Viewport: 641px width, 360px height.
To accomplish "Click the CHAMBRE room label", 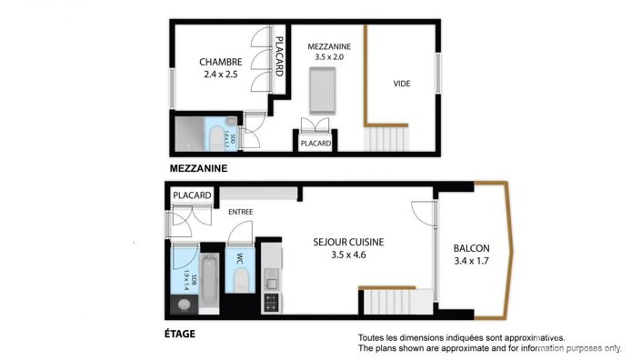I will pos(221,62).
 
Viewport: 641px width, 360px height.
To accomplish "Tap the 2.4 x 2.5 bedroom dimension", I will pos(221,75).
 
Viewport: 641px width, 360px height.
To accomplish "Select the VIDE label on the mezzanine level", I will pos(401,84).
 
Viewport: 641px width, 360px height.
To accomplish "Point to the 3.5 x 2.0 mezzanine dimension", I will pos(330,56).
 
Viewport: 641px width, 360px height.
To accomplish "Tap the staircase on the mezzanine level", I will pos(387,139).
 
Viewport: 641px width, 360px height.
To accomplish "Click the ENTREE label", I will pos(241,212).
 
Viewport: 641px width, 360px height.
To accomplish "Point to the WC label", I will pos(240,259).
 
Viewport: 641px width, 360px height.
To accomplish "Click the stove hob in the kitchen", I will pos(270,299).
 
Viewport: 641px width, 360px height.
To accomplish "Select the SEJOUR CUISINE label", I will pos(349,242).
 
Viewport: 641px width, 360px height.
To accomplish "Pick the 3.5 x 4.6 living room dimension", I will pos(349,255).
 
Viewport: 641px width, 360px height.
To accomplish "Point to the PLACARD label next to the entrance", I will pos(192,195).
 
